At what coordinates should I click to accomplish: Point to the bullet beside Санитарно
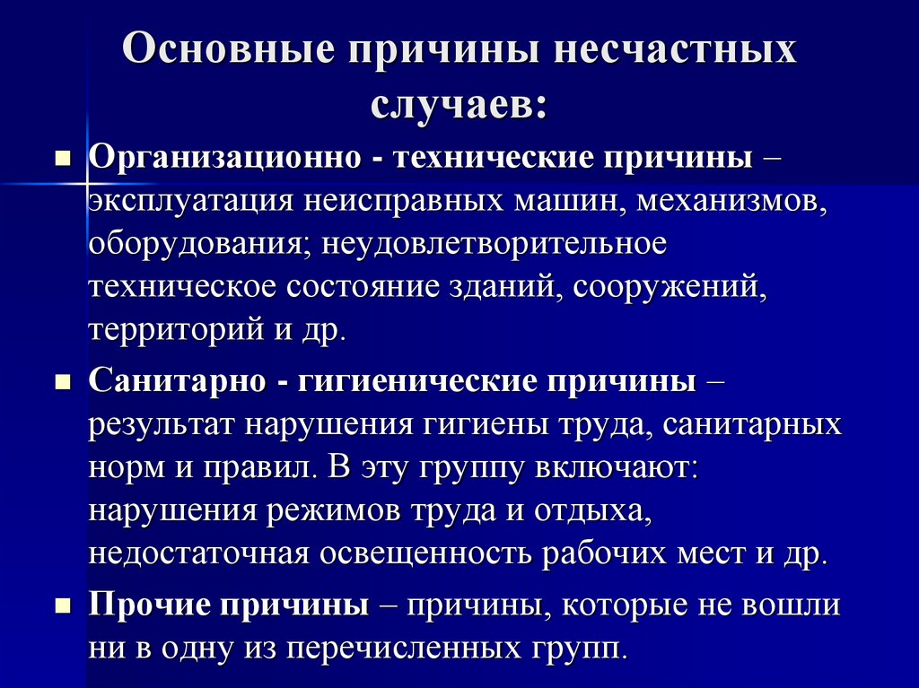[x=63, y=383]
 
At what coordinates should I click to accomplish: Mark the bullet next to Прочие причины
[x=63, y=606]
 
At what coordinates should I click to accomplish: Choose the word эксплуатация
[x=187, y=202]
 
